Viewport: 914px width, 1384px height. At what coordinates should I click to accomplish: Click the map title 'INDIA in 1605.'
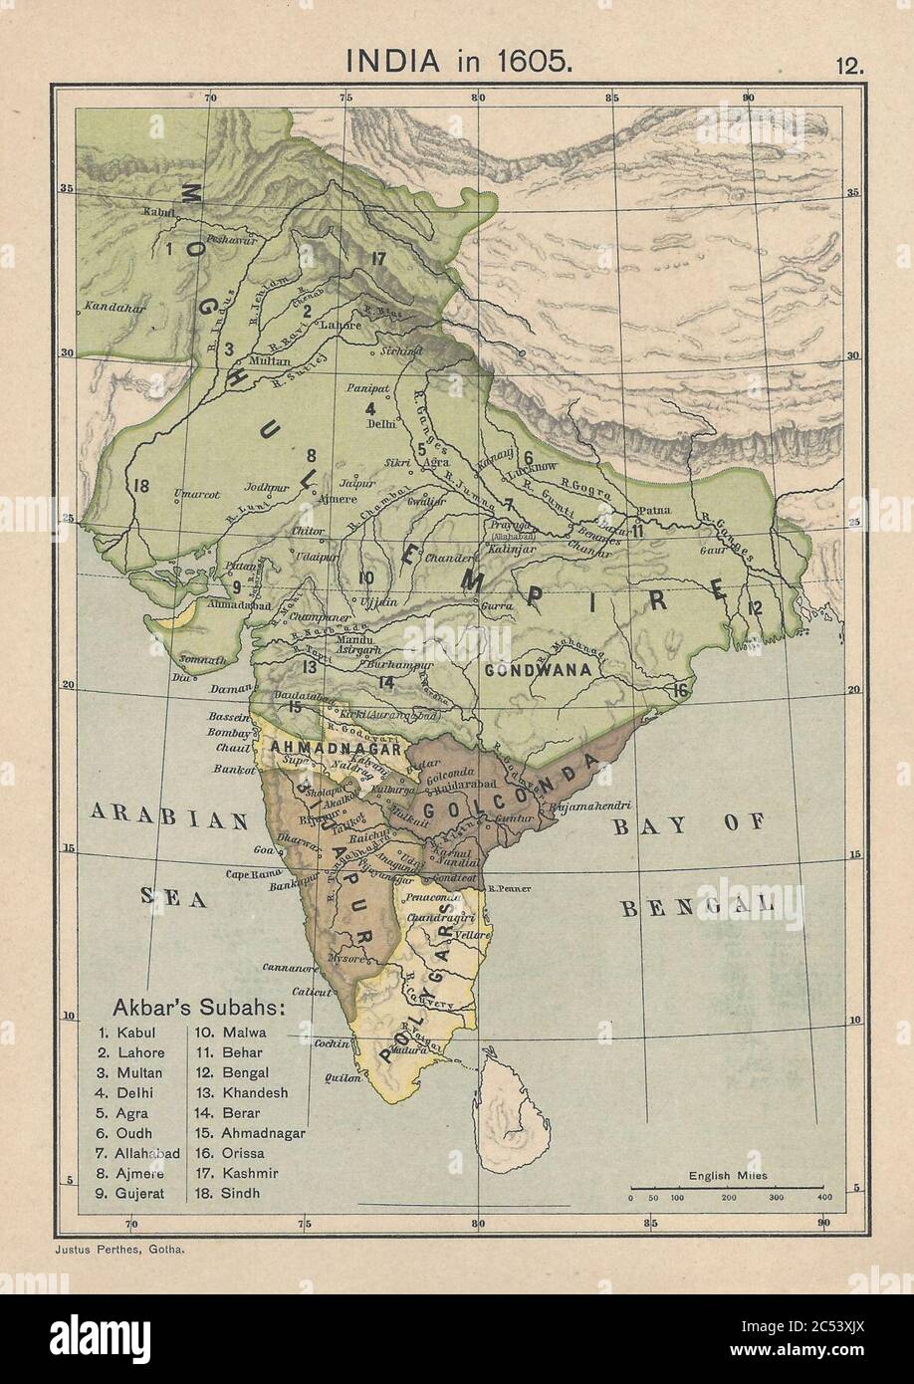458,60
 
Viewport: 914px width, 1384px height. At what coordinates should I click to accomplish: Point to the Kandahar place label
110,306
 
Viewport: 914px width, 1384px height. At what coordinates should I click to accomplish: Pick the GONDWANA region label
539,670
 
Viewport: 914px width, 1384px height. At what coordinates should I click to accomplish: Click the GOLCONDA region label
508,790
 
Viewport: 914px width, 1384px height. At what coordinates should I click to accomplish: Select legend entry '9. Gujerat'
131,1192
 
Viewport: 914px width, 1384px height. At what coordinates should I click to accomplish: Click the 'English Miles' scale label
727,1176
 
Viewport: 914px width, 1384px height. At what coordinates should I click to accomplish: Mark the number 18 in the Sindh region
139,486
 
